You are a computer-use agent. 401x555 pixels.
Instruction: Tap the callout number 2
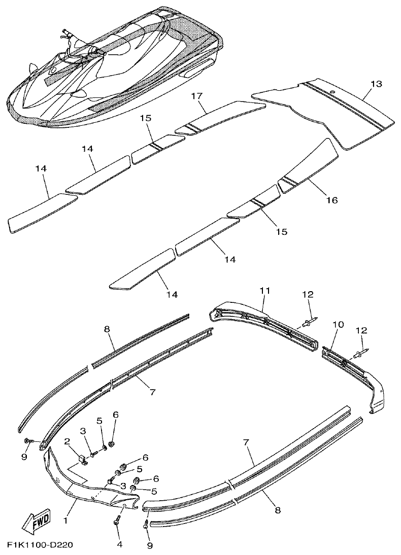tap(66, 442)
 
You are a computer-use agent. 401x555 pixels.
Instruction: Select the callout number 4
tap(119, 545)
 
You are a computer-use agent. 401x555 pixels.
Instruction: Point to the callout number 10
tap(338, 324)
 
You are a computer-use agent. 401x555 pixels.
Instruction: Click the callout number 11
tap(264, 290)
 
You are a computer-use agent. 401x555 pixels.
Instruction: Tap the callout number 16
tap(331, 200)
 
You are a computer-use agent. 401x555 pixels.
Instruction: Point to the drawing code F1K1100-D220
tap(40, 545)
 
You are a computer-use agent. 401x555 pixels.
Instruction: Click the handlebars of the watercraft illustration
tap(66, 37)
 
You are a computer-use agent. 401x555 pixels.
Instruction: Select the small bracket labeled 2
tap(83, 459)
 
